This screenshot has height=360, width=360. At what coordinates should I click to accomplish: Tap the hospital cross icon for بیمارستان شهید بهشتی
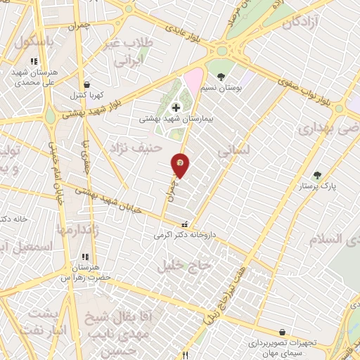tap(175, 108)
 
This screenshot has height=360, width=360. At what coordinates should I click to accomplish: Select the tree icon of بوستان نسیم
tap(221, 77)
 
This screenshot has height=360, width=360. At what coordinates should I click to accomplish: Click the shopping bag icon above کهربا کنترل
tap(86, 84)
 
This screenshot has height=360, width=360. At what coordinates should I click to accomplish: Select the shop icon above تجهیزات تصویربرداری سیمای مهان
tap(282, 333)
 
